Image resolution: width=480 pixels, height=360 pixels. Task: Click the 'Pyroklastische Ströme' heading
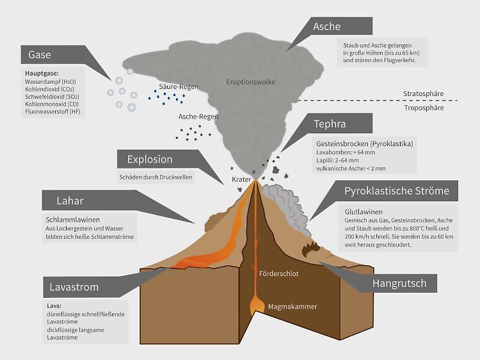[x=397, y=191]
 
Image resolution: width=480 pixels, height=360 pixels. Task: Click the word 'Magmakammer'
[x=292, y=306]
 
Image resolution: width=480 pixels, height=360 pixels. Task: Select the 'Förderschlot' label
[x=280, y=274]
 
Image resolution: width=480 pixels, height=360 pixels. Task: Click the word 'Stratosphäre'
[x=423, y=94]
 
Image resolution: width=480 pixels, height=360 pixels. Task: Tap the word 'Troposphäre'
[x=423, y=109]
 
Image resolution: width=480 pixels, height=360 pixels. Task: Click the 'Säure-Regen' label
[x=179, y=86]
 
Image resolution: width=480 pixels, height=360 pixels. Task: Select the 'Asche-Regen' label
[x=198, y=117]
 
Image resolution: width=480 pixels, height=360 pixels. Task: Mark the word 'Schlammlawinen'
[x=68, y=219]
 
